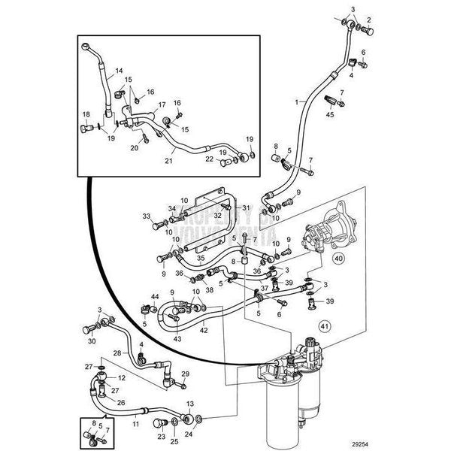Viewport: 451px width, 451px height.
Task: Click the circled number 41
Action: [325, 326]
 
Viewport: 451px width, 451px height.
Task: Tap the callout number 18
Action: [85, 114]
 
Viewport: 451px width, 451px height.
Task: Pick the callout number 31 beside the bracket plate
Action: [244, 208]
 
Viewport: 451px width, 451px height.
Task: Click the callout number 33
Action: [147, 216]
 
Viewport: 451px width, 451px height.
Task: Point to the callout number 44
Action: [155, 298]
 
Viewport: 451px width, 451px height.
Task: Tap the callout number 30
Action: [92, 341]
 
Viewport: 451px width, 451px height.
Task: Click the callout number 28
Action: [117, 352]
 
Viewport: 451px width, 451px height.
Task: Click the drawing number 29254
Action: [425, 443]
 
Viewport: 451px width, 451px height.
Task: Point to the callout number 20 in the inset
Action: [135, 148]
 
